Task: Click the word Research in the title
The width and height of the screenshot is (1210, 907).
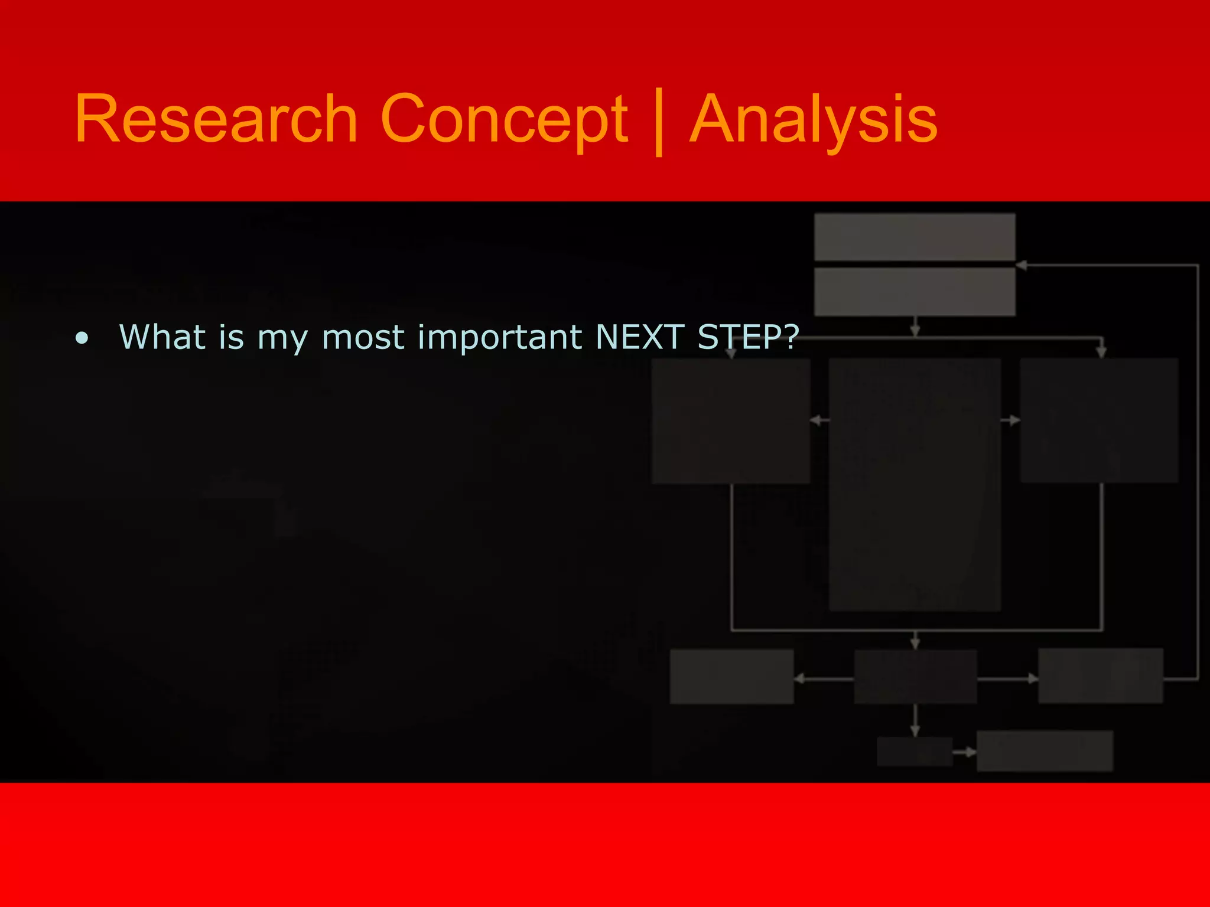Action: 216,119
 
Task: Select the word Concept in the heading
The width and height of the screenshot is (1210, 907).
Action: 503,119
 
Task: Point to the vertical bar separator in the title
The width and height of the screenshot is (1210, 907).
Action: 659,121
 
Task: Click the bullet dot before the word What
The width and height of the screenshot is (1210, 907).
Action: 82,338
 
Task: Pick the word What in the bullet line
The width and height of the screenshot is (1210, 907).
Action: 162,337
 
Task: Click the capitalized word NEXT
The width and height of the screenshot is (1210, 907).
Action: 640,337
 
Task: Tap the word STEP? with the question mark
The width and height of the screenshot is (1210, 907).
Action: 748,337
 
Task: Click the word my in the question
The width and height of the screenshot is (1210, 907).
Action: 282,340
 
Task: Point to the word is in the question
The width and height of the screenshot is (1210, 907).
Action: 231,337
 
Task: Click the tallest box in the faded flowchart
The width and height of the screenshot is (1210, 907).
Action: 915,484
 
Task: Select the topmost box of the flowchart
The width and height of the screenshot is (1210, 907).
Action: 915,237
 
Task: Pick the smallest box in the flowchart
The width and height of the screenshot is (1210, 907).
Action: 914,752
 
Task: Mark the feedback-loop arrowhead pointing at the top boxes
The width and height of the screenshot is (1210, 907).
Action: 1022,266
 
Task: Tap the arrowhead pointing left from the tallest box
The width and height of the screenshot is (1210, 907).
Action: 816,420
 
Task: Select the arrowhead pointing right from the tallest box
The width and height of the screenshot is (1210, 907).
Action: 1014,420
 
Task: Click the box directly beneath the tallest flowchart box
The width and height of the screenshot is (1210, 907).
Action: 915,677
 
